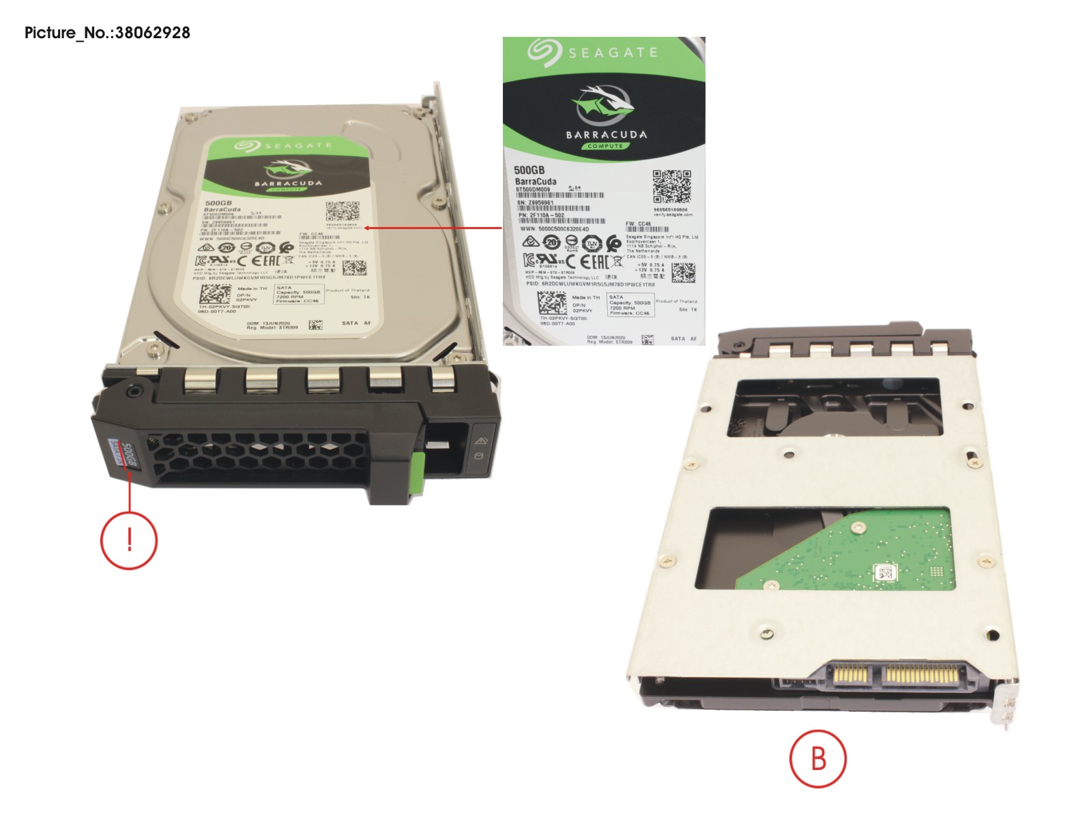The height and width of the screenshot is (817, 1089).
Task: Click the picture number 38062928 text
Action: coord(107,33)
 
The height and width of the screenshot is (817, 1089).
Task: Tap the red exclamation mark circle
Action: coord(129,540)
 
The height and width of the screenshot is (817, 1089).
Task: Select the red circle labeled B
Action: coord(818,758)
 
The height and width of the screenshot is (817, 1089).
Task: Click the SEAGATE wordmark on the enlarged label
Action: coord(612,53)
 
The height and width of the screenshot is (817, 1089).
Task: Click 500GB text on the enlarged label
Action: coord(529,170)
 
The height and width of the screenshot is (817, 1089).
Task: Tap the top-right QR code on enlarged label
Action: coord(671,186)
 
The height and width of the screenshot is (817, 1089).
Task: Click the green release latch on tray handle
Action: coord(418,471)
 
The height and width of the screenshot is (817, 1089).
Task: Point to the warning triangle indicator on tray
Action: coord(479,441)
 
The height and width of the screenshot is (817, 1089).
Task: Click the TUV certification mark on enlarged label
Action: coord(592,243)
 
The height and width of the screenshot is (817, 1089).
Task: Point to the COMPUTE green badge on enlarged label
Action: coord(605,146)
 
